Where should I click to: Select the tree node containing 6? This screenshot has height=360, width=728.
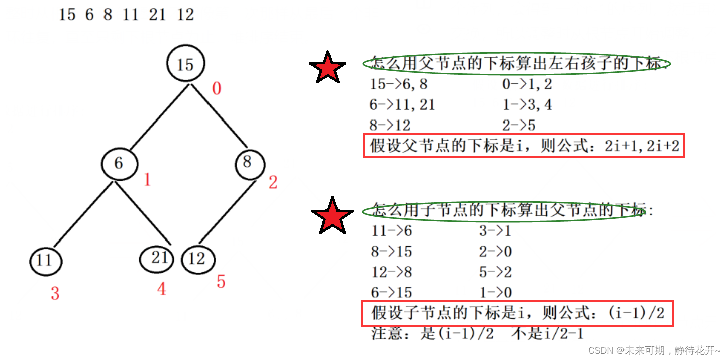point(119,163)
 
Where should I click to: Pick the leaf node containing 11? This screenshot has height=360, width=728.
point(45,260)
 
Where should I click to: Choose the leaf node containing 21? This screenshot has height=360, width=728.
point(157,258)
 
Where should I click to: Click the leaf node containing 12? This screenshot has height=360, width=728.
point(197,259)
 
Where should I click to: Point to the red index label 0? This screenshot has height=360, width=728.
point(216,89)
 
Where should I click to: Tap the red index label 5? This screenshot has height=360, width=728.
point(221,282)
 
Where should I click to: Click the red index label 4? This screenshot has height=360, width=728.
point(161,289)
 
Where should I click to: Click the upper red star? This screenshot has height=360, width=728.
point(327,67)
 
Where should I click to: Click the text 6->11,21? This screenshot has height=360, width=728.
point(402,105)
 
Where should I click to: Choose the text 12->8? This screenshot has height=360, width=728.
point(391,272)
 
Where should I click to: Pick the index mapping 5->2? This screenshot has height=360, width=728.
point(495,272)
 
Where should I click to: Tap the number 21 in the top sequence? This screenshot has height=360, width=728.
point(157,15)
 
